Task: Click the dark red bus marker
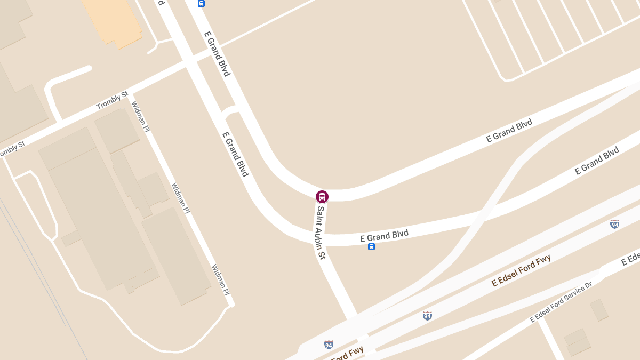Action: pos(322,197)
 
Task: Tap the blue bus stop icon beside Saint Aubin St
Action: pos(371,246)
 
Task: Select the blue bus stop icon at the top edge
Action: pos(201,3)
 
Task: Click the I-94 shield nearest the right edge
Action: pos(614,224)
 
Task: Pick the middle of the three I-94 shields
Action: pos(427,316)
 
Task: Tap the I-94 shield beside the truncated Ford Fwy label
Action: pos(329,345)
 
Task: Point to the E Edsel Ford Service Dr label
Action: pos(561,302)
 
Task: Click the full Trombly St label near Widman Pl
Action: pos(112,100)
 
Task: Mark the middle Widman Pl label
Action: pos(180,199)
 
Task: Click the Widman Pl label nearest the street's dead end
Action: pos(220,279)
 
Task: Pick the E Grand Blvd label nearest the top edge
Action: pos(218,54)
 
